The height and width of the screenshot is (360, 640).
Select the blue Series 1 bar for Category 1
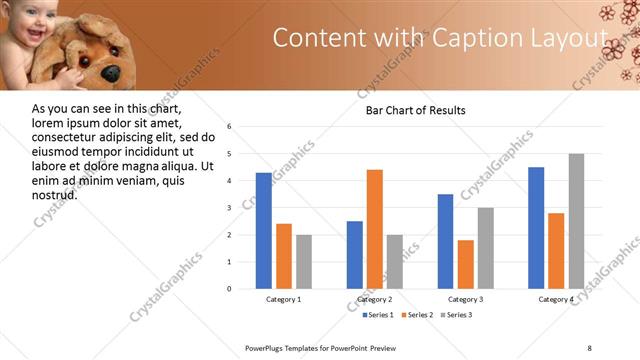click(263, 230)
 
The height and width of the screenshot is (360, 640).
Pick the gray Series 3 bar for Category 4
click(576, 221)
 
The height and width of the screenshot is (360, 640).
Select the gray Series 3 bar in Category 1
click(303, 262)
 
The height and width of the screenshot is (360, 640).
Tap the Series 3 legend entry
click(456, 315)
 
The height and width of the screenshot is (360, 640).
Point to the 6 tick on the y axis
click(229, 127)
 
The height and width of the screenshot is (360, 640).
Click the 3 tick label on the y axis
click(229, 208)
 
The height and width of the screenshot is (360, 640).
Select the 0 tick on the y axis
click(229, 289)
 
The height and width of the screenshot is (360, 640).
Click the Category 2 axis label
click(375, 299)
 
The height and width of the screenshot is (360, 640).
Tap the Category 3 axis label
click(465, 299)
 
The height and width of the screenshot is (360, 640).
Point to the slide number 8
click(589, 347)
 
